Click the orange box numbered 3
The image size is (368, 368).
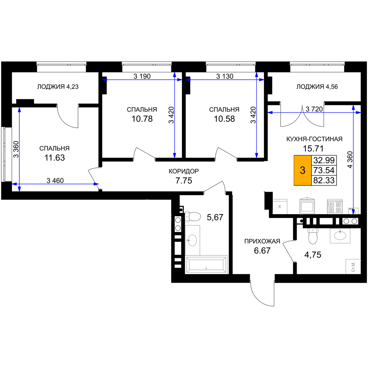tap(302, 170)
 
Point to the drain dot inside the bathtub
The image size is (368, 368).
tap(206, 268)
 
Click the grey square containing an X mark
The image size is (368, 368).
tap(280, 206)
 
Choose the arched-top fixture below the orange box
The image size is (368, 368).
tap(307, 205)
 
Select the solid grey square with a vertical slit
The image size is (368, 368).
tap(335, 206)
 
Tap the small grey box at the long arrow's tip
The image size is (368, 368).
tap(353, 211)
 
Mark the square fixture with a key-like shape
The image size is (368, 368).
tap(353, 266)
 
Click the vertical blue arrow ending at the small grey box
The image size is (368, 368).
tap(353, 158)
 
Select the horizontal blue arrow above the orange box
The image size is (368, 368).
tap(313, 112)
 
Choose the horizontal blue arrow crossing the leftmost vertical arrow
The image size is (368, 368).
tap(55, 184)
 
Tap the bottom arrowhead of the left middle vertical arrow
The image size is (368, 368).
tap(174, 155)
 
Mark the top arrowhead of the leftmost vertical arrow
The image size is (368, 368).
tap(19, 110)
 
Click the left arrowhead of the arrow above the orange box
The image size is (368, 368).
tap(270, 112)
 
